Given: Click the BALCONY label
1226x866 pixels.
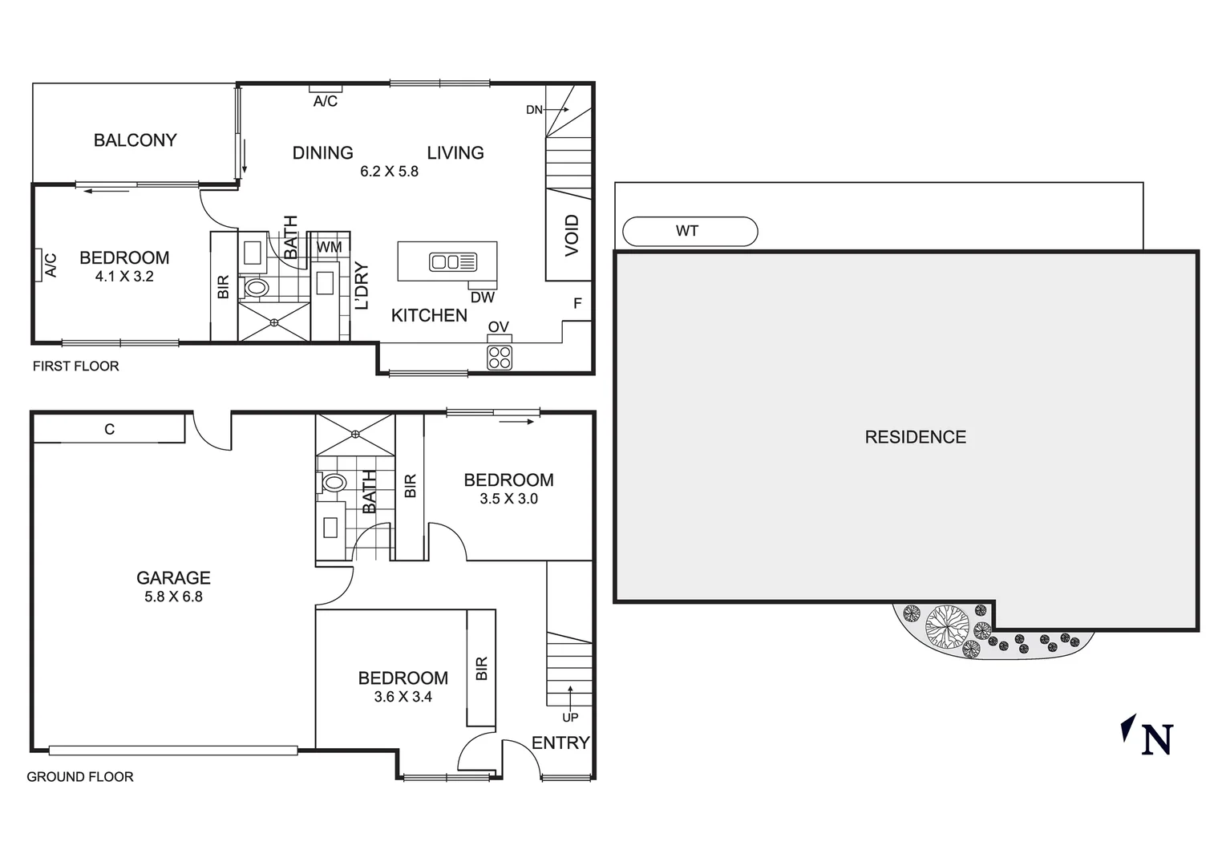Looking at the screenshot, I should coord(135,140).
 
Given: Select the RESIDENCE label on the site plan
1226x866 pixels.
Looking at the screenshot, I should coord(915,437).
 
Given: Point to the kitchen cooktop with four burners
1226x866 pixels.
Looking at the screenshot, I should coord(500,358).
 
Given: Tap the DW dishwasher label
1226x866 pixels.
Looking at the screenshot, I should coord(483,297).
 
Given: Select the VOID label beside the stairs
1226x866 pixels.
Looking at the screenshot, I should coord(572,235).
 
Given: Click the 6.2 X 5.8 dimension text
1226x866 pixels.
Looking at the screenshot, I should coord(389,172).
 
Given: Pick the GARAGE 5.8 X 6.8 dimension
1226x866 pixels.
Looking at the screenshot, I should coord(173,597).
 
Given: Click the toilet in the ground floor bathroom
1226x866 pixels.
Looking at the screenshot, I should coord(333,483).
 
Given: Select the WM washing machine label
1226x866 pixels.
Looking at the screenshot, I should coord(329,247).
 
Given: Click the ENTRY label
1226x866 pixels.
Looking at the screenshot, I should coord(560,743).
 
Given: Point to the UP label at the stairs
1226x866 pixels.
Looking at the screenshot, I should coord(570,718).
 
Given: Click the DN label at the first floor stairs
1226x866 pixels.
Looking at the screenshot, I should coord(534,110).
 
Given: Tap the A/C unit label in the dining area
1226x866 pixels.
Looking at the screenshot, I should coord(325,102).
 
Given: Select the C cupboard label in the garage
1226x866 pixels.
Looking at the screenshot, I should coord(110,430).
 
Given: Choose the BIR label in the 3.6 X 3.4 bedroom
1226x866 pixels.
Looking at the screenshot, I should coord(481,669).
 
